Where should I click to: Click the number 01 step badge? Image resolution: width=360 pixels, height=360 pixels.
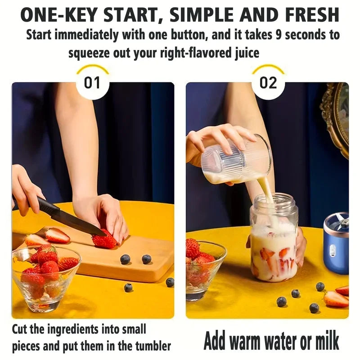click(92, 83)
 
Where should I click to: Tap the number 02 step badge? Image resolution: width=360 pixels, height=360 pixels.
click(268, 83)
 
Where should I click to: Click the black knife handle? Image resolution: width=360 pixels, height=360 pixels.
click(48, 207)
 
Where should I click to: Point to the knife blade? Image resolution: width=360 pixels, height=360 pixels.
click(81, 223)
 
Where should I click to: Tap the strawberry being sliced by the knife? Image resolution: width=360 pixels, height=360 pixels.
click(104, 241)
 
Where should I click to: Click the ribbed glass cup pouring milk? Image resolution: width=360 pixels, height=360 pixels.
click(236, 160)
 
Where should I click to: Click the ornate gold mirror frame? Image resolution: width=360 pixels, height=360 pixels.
click(337, 117)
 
